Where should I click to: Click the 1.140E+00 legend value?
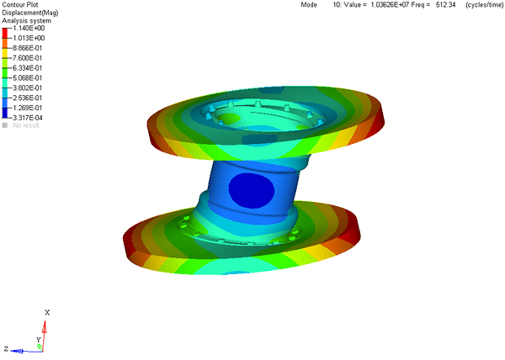[x=29, y=29]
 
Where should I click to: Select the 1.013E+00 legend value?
[x=29, y=39]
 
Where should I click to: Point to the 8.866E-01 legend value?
[x=28, y=48]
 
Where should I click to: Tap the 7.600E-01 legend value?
[x=28, y=58]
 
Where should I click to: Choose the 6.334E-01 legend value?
[x=28, y=68]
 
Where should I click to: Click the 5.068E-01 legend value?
[x=28, y=78]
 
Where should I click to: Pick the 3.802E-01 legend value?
[x=28, y=88]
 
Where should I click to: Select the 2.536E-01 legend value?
[x=28, y=98]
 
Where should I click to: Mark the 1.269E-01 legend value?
[x=28, y=109]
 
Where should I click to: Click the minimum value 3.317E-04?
[x=28, y=118]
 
